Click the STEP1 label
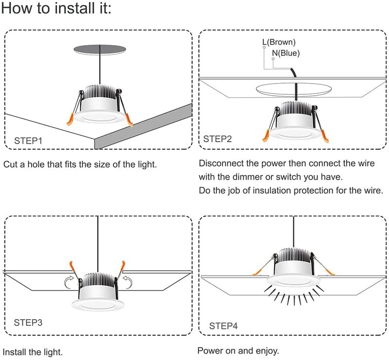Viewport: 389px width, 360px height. point(28,141)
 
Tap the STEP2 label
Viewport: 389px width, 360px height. point(217,139)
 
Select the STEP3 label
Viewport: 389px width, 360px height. point(28,323)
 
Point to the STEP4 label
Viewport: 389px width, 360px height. point(223,326)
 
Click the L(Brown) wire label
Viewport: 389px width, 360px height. point(279,42)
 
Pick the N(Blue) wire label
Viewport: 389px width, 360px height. point(286,53)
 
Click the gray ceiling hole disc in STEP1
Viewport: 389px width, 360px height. point(100,49)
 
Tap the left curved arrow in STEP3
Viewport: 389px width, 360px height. point(69,282)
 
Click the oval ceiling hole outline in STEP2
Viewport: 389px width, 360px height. point(294,83)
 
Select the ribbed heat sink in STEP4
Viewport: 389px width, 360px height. point(294,256)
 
